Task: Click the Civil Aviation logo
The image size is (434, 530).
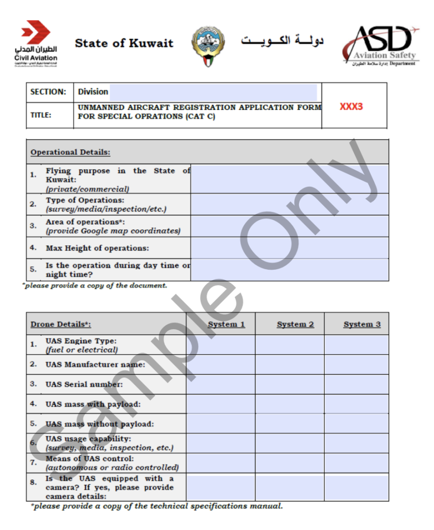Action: click(x=36, y=43)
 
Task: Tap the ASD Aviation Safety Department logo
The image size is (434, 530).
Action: click(x=380, y=45)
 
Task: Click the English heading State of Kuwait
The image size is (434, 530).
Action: click(x=124, y=43)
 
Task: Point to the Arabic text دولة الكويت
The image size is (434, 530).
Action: click(x=282, y=41)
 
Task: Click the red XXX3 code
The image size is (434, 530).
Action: click(x=351, y=107)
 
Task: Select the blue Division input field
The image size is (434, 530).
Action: click(x=213, y=92)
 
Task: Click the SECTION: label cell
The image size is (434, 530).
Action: click(x=49, y=92)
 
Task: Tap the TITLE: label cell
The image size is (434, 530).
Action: click(x=41, y=115)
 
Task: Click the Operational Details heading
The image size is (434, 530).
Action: click(x=70, y=153)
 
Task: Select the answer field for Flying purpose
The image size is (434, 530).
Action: click(x=289, y=179)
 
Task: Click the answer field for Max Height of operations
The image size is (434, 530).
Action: click(x=289, y=248)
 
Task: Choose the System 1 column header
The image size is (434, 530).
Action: click(x=226, y=325)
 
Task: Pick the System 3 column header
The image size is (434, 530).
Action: click(x=362, y=325)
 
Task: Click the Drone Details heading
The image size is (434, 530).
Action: click(x=61, y=325)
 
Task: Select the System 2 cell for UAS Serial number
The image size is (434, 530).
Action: click(x=290, y=384)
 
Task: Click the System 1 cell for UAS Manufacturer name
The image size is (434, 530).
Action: click(x=220, y=364)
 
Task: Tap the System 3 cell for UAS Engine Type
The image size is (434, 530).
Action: click(x=356, y=345)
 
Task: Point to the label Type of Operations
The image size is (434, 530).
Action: click(x=85, y=200)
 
